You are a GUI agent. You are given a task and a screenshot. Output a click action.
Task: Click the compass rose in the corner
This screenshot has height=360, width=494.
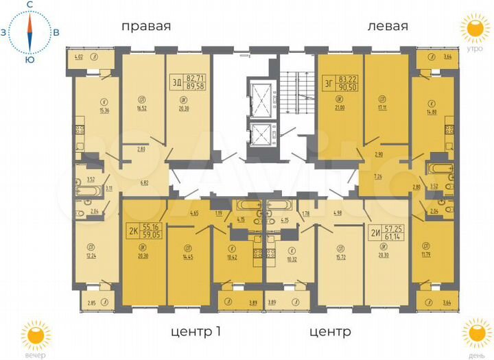pyautogui.click(x=30, y=32)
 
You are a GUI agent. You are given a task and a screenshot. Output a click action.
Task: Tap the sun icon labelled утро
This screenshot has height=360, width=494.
pyautogui.click(x=473, y=31)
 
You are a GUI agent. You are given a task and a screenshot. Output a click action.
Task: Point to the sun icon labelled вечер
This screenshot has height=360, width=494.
pyautogui.click(x=34, y=335)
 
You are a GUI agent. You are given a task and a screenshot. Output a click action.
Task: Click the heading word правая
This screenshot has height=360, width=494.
pyautogui.click(x=145, y=27)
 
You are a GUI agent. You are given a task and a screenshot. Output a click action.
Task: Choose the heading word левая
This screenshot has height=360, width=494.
pyautogui.click(x=388, y=27)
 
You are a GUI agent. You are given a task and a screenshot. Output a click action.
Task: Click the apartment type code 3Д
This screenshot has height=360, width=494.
pyautogui.click(x=178, y=84)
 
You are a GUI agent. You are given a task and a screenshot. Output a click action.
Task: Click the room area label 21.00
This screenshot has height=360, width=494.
pyautogui.click(x=339, y=107)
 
